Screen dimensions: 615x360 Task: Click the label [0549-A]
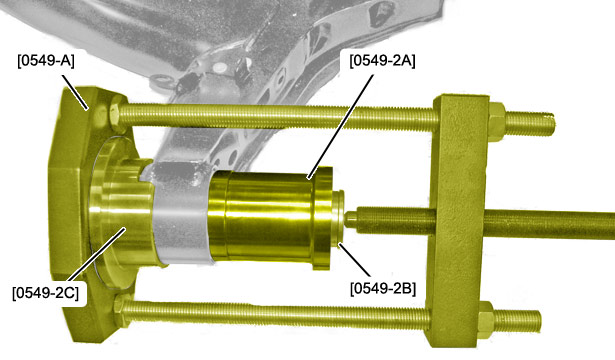point(45,62)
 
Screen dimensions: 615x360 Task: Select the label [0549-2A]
point(382,61)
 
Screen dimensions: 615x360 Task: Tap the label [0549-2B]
point(383,289)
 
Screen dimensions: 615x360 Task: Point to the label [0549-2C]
point(45,293)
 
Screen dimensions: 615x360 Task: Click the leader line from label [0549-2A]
point(340,126)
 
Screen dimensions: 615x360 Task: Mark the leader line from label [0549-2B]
point(354,259)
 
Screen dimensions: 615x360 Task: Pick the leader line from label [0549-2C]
point(99,256)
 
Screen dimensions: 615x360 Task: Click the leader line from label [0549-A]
point(75,92)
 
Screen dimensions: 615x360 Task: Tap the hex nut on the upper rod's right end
point(497,121)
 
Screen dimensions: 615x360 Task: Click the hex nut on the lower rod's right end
point(485,320)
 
